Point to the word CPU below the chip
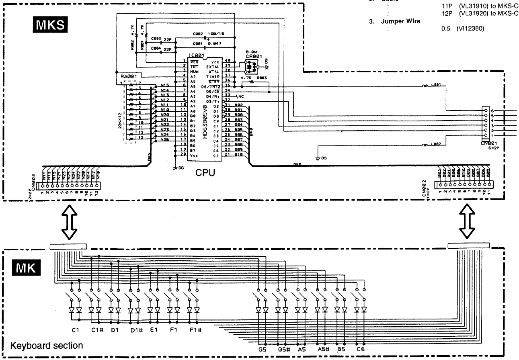pos(205,173)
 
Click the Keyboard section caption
pos(47,346)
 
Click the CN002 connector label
pos(424,188)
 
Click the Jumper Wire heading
pos(400,21)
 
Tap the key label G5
pos(263,350)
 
